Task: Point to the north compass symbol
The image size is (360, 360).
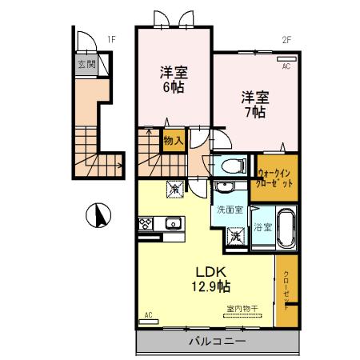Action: click(98, 214)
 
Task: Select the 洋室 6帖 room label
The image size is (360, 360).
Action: click(171, 78)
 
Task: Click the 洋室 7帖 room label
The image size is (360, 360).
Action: click(255, 104)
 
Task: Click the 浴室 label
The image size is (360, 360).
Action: click(262, 227)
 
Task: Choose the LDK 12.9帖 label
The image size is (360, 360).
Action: click(210, 278)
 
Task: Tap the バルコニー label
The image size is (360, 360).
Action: click(217, 342)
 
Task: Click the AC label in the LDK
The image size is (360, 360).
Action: click(149, 315)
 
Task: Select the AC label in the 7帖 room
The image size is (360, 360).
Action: click(286, 67)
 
